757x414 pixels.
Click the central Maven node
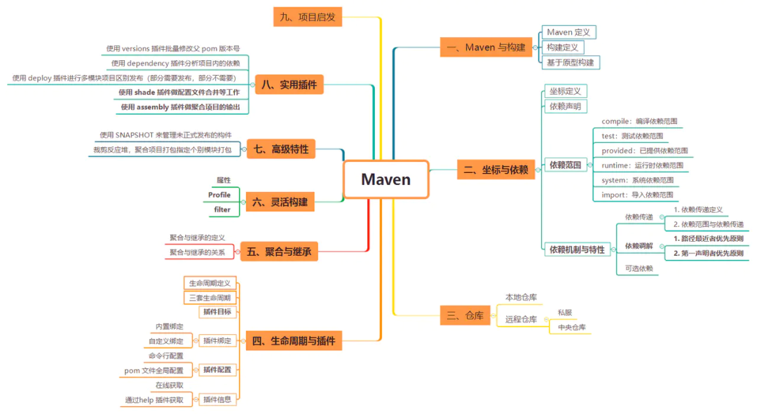[x=386, y=179]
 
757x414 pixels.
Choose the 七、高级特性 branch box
[x=280, y=149]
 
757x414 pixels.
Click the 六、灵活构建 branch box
[x=280, y=202]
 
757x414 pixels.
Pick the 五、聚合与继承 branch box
[x=279, y=251]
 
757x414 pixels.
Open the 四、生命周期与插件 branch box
[x=293, y=341]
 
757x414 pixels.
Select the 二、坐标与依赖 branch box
[x=496, y=170]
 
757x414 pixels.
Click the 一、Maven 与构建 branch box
[x=485, y=47]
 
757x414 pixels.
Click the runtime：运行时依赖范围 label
[x=642, y=165]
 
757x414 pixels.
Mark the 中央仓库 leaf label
[x=571, y=327]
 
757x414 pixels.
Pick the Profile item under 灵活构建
[x=219, y=195]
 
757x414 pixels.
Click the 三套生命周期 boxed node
[x=210, y=297]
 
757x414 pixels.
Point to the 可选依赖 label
[x=639, y=268]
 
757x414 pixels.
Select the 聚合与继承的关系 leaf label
[x=197, y=252]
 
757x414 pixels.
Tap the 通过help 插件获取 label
[x=154, y=400]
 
